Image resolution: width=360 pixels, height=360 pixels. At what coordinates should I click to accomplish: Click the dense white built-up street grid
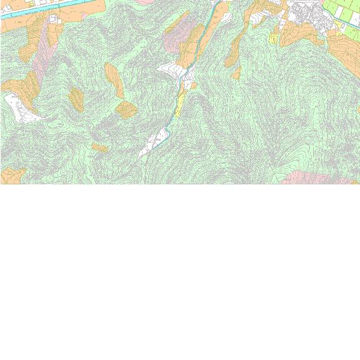point(306,16)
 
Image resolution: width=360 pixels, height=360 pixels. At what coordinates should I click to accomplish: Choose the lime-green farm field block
point(344,12)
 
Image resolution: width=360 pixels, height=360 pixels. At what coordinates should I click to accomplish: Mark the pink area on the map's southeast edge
point(312,177)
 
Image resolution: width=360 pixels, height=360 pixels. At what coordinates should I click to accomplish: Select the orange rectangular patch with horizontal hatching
point(126,110)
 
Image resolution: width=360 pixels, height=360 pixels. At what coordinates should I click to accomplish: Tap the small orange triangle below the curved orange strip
point(236,74)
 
